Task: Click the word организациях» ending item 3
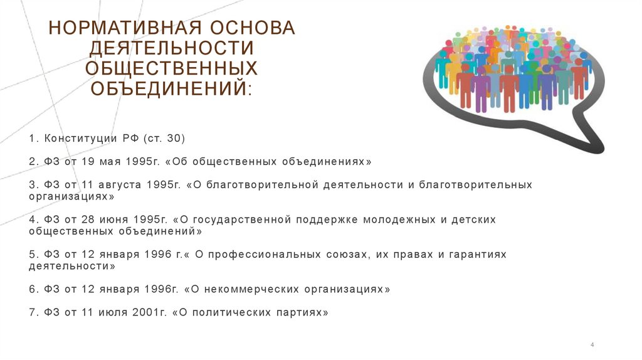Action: click(x=71, y=196)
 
